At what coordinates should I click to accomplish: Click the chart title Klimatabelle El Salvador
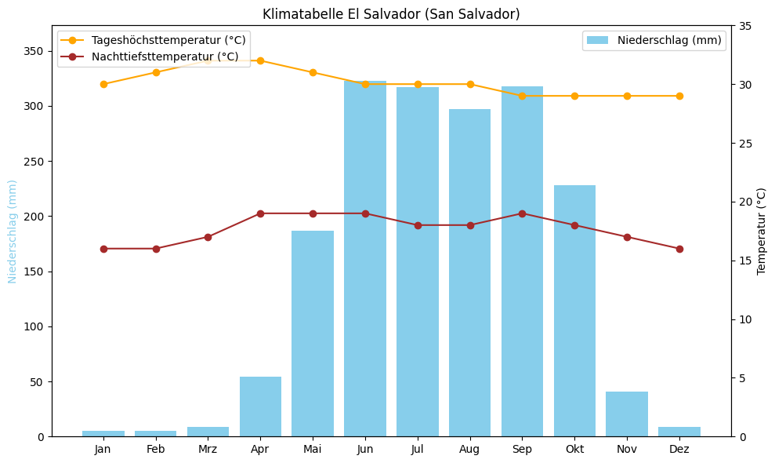point(391,14)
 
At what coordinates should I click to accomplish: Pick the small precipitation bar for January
point(103,433)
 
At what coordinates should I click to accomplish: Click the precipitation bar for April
point(260,406)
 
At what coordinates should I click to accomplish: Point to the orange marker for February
point(156,72)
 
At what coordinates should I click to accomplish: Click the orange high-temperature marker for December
point(679,96)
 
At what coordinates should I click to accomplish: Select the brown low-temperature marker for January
point(103,249)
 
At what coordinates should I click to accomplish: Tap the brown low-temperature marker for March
point(208,237)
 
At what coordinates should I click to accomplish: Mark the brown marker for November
point(627,237)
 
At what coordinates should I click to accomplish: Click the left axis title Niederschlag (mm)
point(13,231)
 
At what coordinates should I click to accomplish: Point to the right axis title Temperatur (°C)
point(762,231)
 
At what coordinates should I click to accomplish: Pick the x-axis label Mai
point(313,449)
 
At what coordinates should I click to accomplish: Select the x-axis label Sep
point(522,449)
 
